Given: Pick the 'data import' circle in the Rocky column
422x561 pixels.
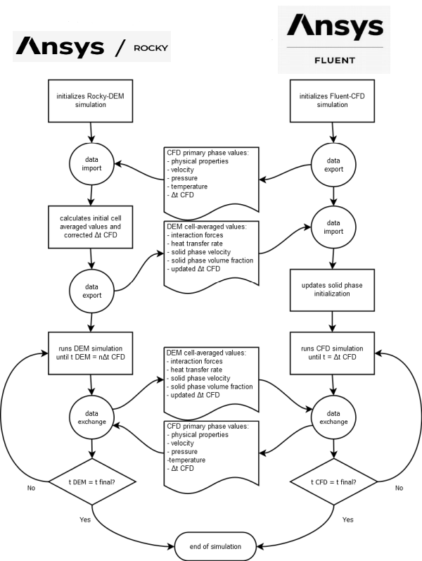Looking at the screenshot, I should click(x=91, y=163).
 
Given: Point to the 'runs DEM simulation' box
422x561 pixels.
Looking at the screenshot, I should click(x=91, y=353).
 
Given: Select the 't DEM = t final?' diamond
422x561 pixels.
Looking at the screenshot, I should click(x=91, y=482).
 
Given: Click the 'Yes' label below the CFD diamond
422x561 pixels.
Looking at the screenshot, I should click(x=347, y=519).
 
